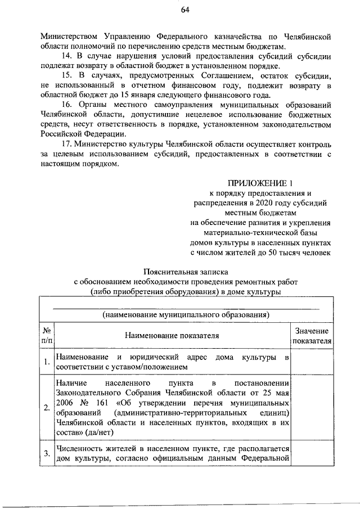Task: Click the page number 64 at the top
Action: pos(185,10)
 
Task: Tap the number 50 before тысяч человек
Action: pos(274,254)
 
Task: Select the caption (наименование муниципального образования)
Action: pos(186,314)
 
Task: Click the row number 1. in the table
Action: pos(47,362)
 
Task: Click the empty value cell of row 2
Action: pos(311,408)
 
